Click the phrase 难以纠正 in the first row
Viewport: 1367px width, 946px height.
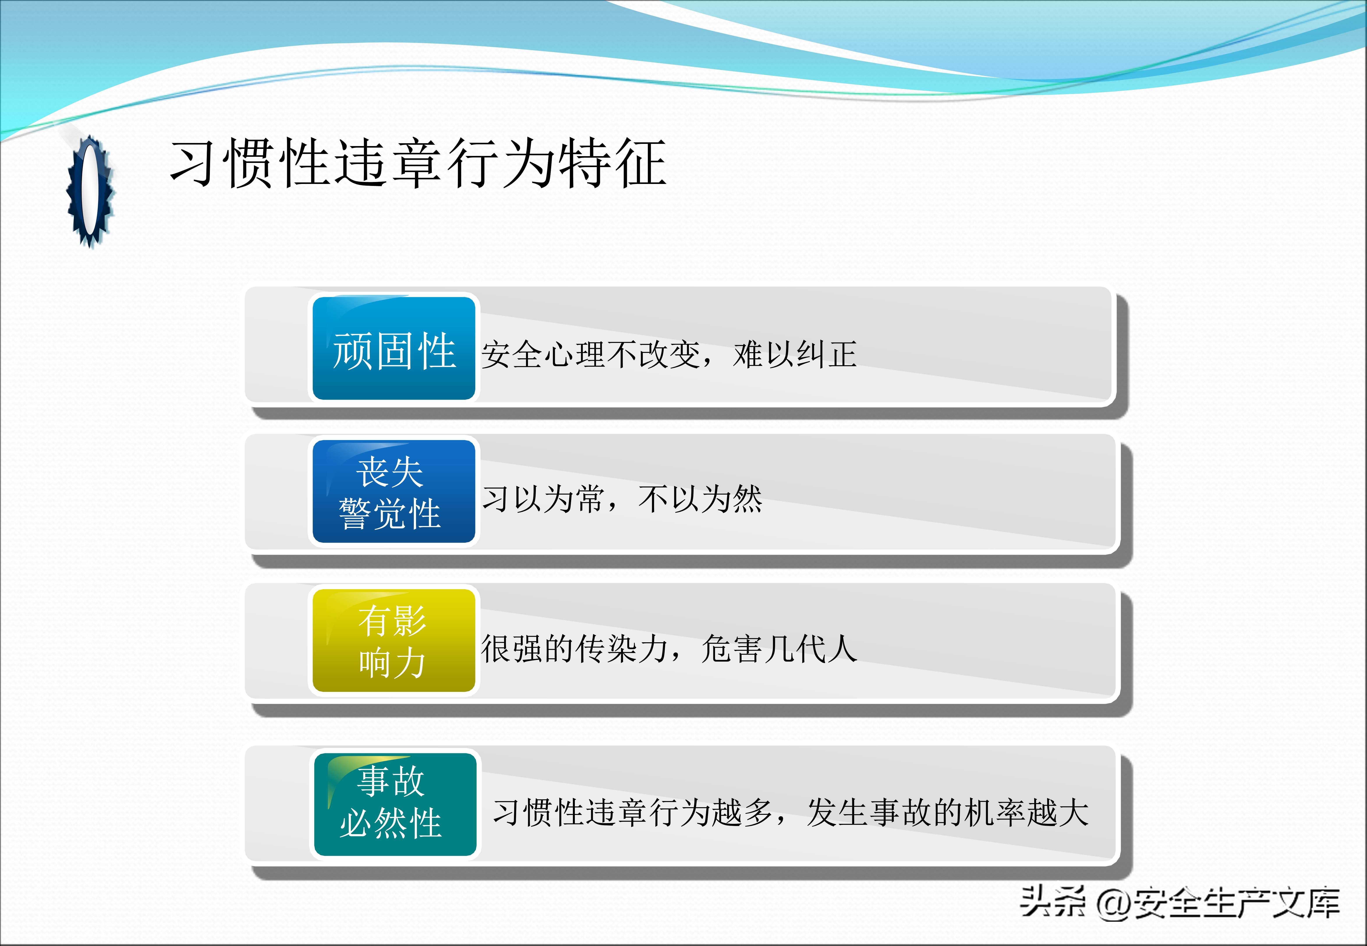(795, 355)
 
